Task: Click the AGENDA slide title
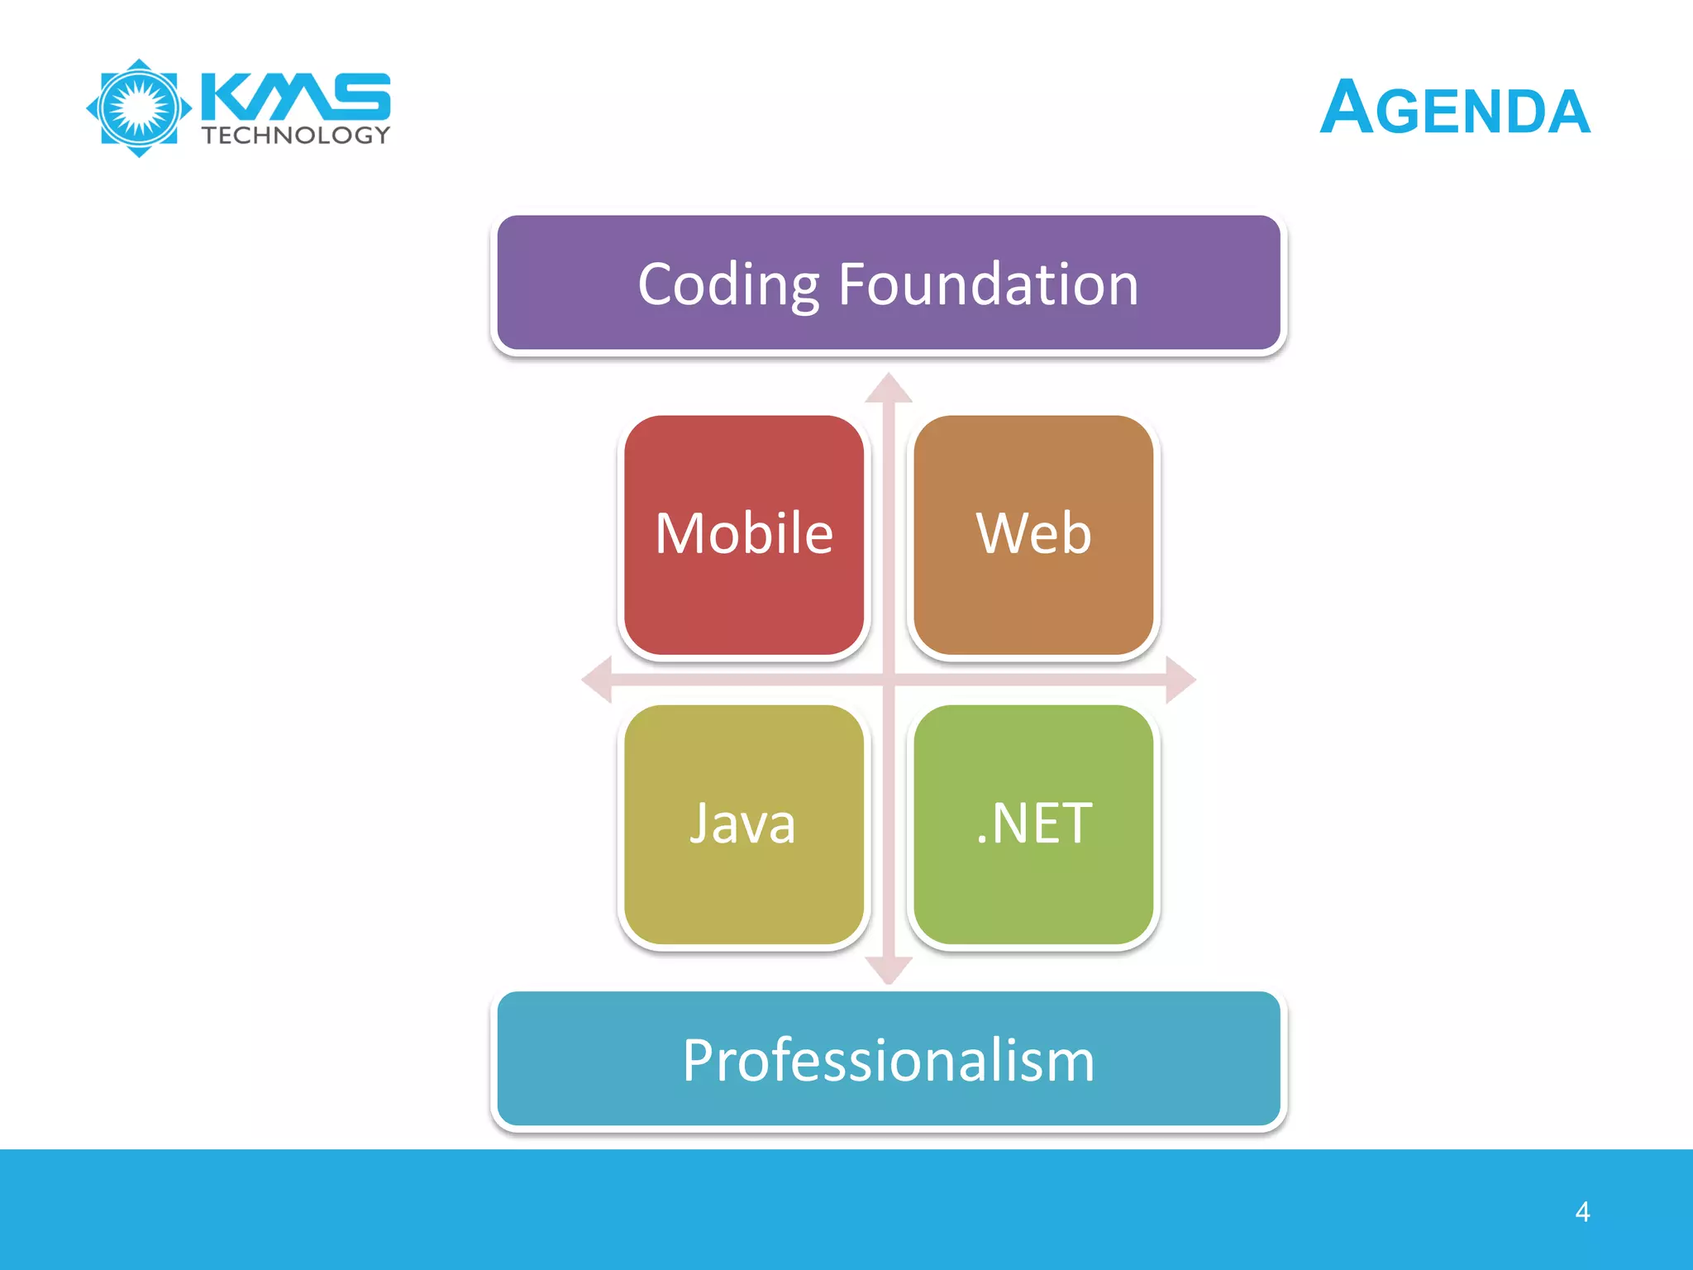1455,108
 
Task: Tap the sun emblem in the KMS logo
139,108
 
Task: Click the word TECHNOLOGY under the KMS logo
296,136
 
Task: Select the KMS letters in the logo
295,96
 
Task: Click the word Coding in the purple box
728,285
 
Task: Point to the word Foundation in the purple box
989,285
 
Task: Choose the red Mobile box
744,579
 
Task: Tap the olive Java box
744,876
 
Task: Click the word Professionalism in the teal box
889,1061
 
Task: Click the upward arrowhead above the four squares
889,389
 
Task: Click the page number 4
1582,1212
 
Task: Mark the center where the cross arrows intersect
889,680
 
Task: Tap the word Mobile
744,533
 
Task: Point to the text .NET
1033,824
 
